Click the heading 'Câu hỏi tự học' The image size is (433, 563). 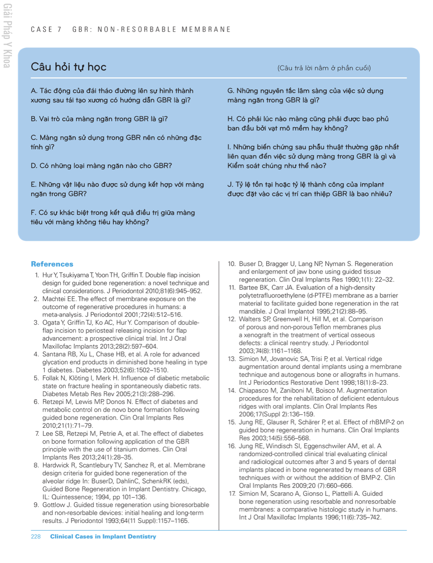tap(68, 67)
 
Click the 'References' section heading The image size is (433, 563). tap(52, 264)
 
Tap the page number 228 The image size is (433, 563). tap(36, 537)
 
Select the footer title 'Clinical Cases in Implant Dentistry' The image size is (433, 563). tap(103, 537)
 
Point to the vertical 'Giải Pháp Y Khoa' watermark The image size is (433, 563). tap(7, 36)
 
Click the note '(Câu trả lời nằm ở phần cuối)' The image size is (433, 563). tap(324, 68)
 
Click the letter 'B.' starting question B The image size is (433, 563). tap(34, 119)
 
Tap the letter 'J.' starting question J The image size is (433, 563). tap(230, 185)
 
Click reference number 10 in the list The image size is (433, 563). tap(232, 264)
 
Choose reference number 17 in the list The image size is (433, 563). tap(232, 493)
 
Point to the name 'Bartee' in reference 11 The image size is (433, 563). tap(248, 287)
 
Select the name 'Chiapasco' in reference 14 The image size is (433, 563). tap(253, 391)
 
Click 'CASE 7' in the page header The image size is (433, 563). tap(46, 30)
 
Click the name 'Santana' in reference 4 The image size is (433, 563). tap(55, 354)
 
